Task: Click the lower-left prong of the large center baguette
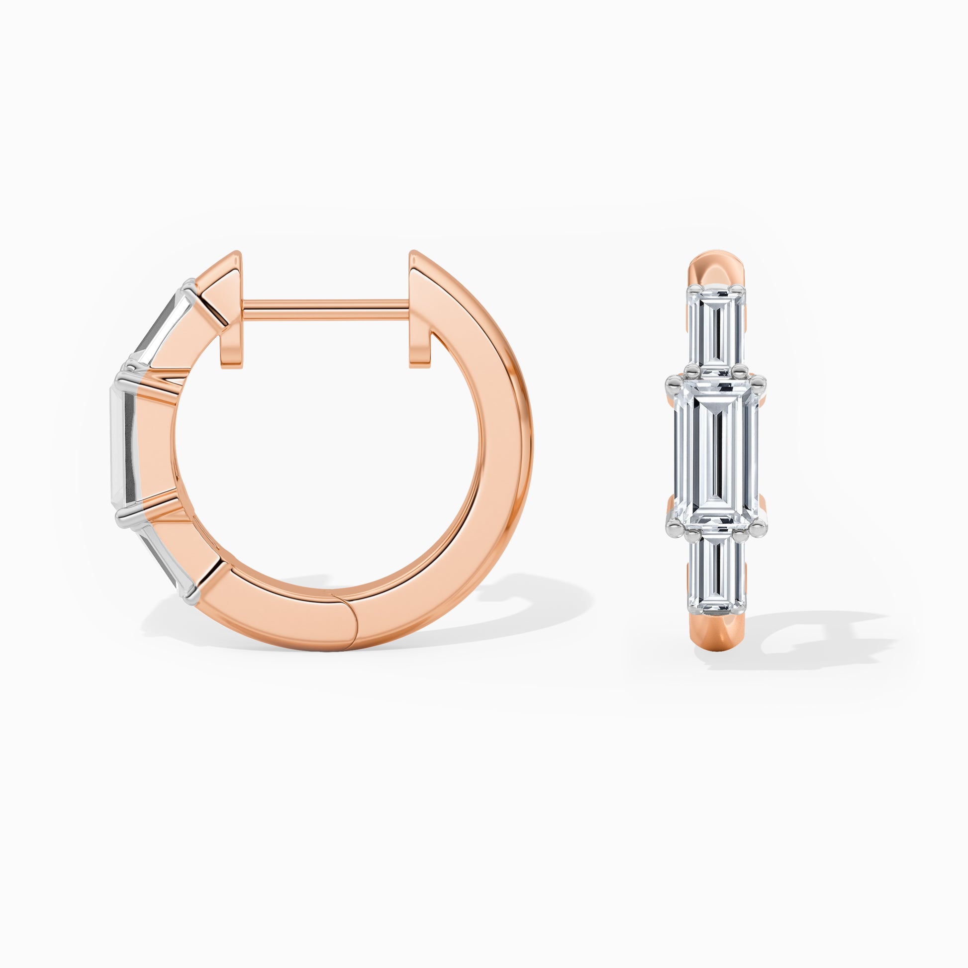click(x=672, y=526)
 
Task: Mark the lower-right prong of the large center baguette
click(x=761, y=526)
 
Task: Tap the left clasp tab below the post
click(x=231, y=346)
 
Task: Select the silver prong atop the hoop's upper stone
click(x=189, y=286)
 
